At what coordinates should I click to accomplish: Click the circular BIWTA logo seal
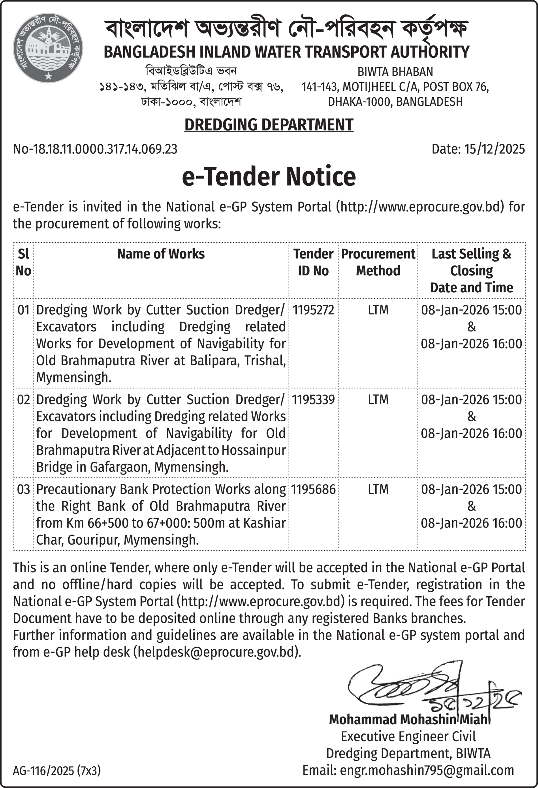point(48,48)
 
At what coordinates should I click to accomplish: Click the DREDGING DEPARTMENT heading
point(269,125)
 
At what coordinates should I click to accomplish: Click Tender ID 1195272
point(313,310)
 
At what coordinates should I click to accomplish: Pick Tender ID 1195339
point(313,400)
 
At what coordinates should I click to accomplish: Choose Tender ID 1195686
point(313,489)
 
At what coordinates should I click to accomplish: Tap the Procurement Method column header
point(378,262)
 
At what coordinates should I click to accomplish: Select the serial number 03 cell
point(23,489)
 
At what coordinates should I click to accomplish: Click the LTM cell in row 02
point(378,400)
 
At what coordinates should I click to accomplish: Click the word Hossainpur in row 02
point(254,450)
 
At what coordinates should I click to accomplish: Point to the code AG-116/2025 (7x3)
point(57,771)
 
